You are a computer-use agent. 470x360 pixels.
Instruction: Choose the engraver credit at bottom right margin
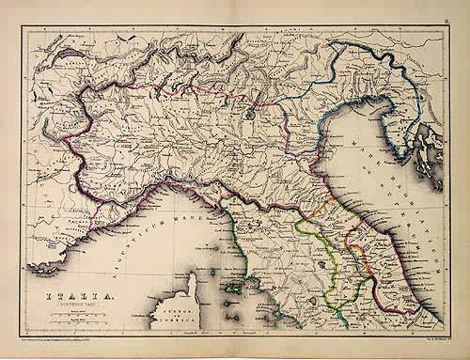[x=428, y=339]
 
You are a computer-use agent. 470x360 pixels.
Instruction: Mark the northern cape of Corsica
[x=196, y=274]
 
